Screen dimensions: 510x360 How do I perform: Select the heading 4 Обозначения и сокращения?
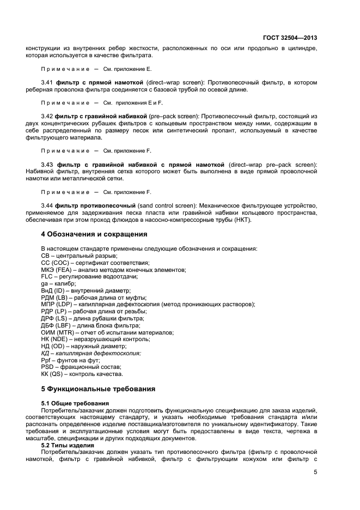tap(94, 235)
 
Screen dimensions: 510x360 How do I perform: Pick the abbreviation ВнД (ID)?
tap(53, 291)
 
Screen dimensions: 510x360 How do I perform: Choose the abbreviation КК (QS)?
tap(53, 374)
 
